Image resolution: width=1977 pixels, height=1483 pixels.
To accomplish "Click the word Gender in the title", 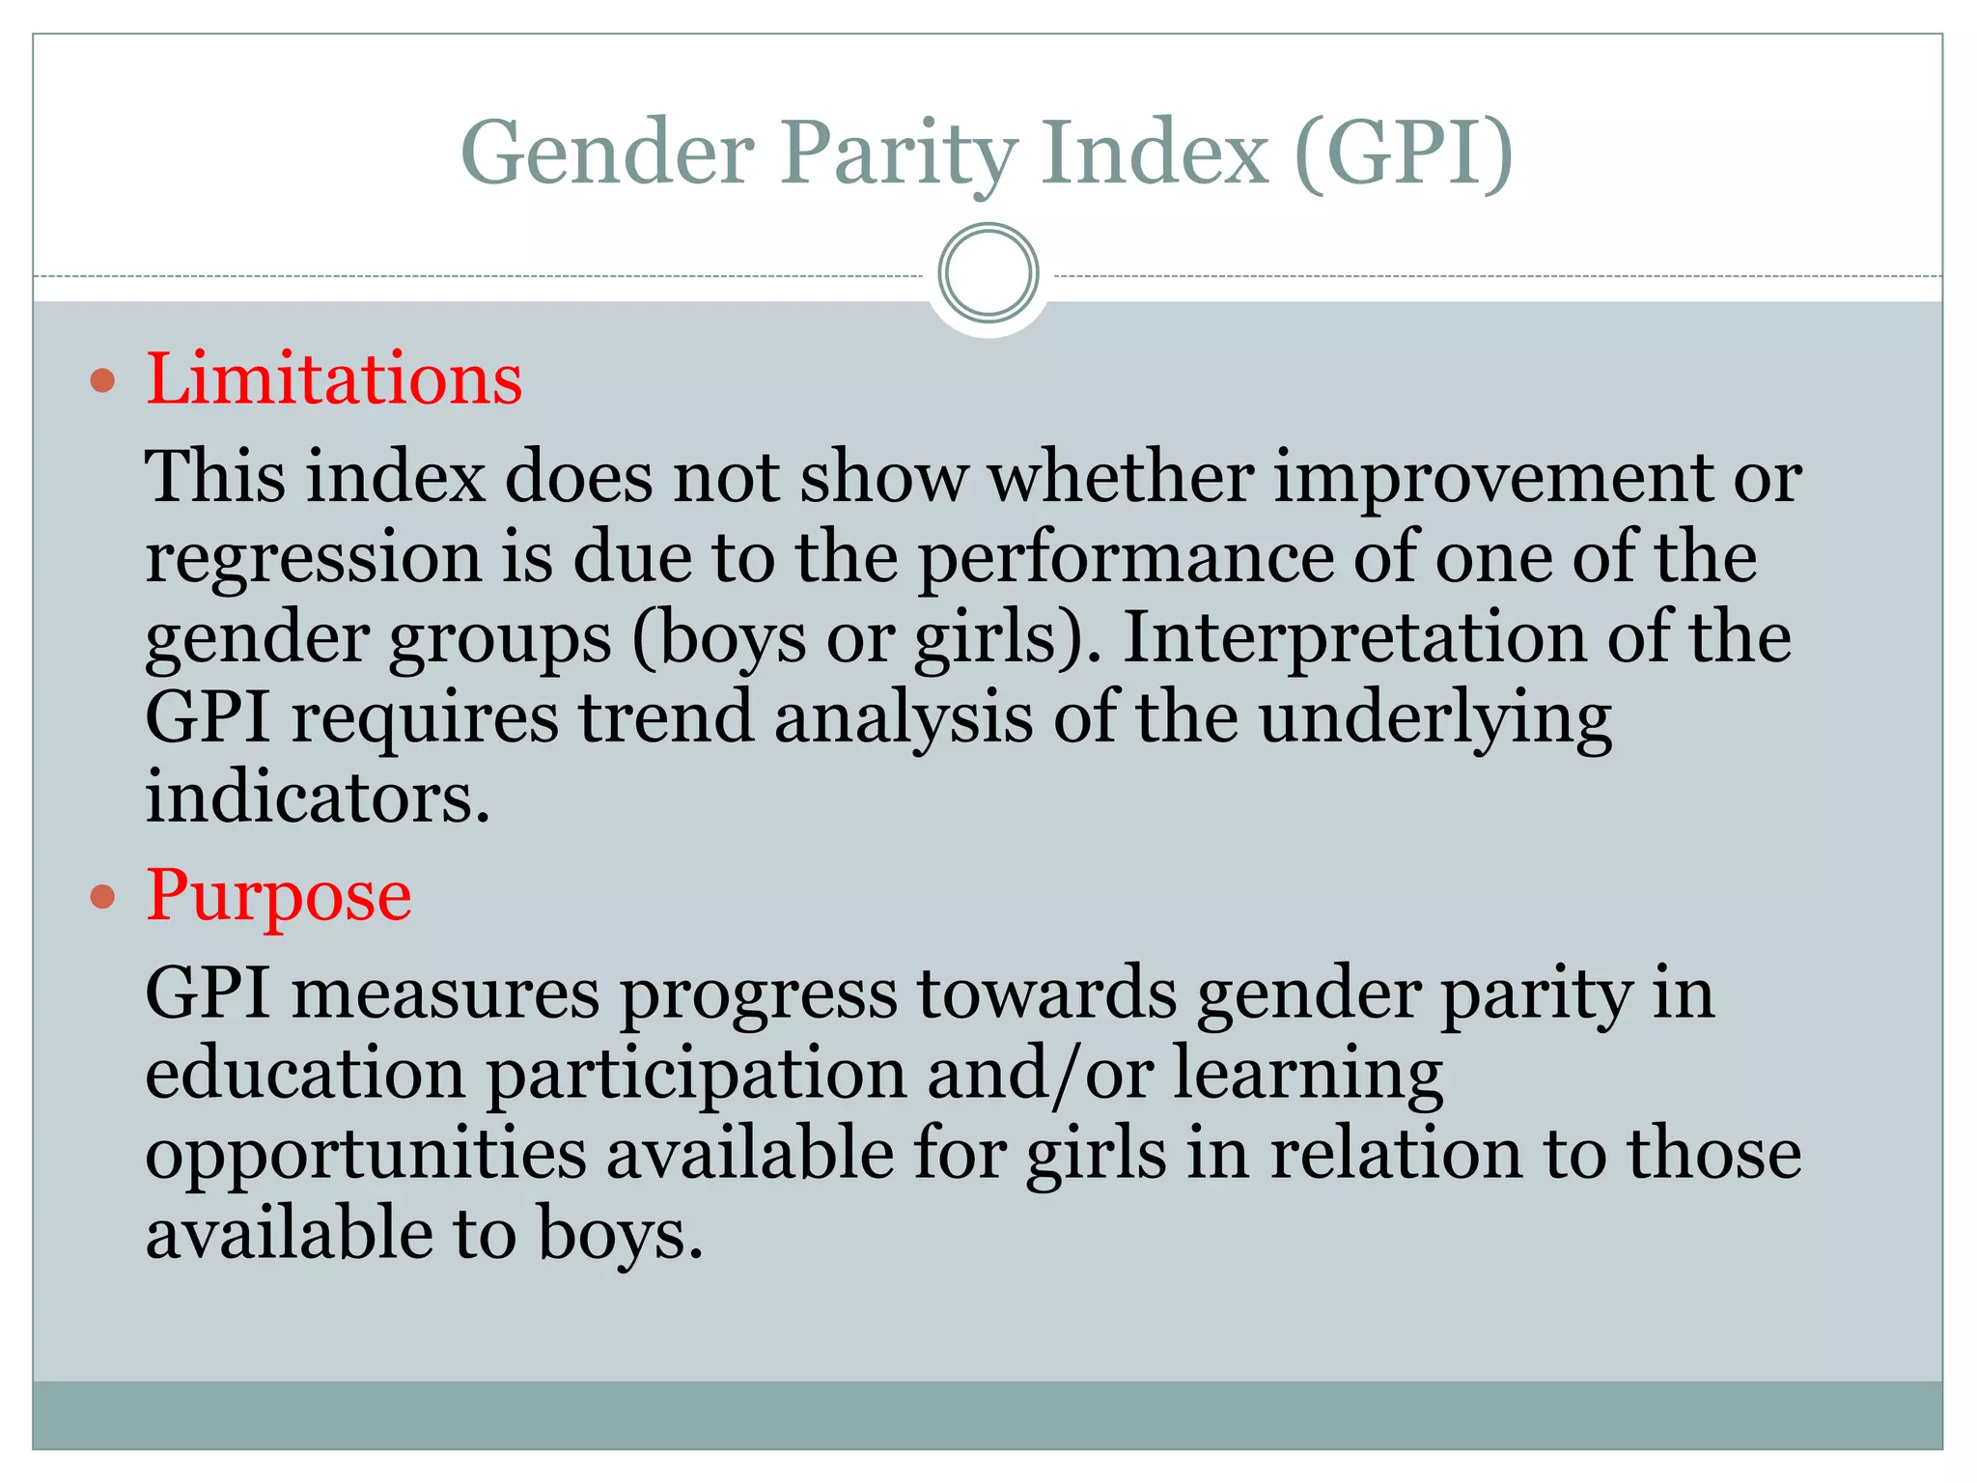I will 606,153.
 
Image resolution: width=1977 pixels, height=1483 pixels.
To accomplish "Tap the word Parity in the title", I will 898,153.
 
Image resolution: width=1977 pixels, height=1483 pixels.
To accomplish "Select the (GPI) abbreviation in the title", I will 1403,153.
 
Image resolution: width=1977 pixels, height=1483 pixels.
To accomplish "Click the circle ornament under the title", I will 988,273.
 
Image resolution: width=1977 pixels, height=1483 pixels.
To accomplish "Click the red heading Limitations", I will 334,378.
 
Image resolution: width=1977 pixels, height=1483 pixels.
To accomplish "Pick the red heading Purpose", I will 278,896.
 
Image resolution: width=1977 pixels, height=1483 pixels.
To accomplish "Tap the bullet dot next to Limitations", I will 102,380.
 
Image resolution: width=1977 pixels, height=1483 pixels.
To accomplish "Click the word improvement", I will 1492,477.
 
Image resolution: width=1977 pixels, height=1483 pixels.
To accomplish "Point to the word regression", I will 313,558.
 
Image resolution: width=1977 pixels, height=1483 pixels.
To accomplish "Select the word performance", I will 1125,558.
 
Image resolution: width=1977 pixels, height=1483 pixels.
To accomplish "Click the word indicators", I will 317,797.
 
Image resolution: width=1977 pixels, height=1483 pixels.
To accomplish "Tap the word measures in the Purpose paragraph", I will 445,993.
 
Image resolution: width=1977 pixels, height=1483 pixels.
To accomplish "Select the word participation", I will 695,1074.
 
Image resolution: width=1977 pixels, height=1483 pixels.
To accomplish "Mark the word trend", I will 665,717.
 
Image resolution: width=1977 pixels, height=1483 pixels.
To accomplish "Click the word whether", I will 1121,477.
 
